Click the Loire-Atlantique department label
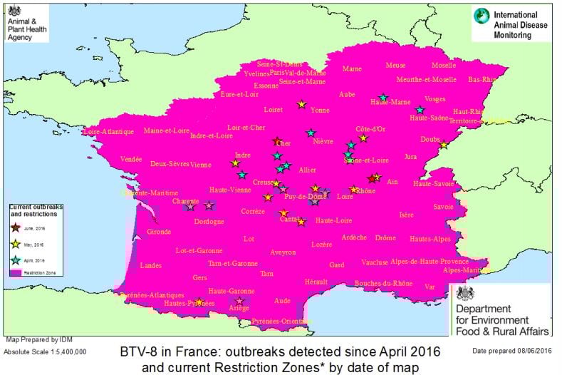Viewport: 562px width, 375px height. pos(108,132)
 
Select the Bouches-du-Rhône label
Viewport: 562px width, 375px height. pos(383,284)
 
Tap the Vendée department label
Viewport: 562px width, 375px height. pos(131,159)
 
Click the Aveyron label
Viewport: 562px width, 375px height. pos(283,252)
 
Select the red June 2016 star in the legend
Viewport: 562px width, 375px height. pos(16,227)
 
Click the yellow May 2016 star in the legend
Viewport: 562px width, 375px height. pos(16,244)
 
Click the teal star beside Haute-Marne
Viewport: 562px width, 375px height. pos(383,98)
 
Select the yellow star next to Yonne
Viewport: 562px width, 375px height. pos(301,104)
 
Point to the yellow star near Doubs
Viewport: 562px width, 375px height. pos(443,145)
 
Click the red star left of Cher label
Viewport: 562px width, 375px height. pos(277,141)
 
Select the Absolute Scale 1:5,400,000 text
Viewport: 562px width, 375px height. pos(45,351)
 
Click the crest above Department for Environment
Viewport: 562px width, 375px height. pos(466,293)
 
